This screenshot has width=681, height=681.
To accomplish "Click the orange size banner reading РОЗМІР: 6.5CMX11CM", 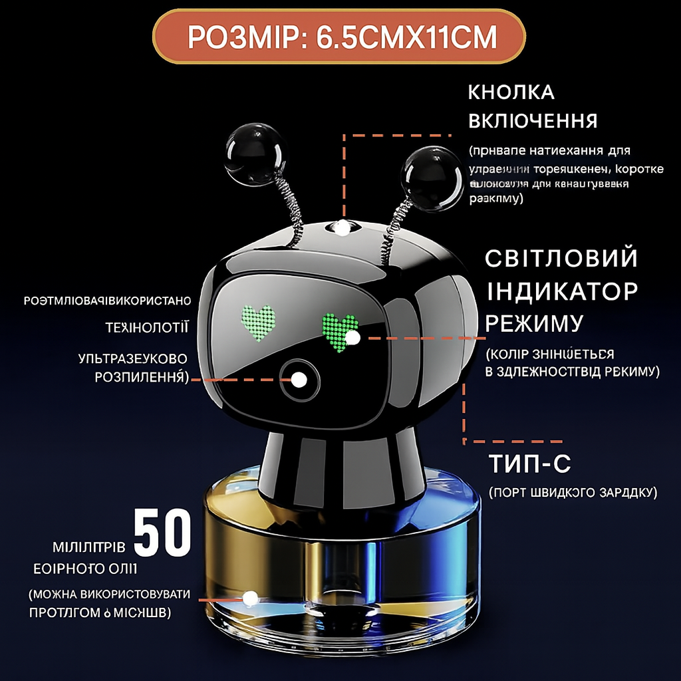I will point(340,37).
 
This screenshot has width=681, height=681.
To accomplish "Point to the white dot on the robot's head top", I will point(342,229).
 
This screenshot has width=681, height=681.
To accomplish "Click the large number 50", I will point(163,533).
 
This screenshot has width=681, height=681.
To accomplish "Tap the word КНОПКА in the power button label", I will point(511,92).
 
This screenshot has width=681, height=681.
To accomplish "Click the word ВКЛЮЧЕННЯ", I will point(533,121).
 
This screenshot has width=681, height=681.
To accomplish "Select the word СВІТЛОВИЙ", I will point(561,259).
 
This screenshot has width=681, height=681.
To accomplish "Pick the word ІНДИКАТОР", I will point(561,291).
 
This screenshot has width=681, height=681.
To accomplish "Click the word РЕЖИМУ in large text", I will point(534,323).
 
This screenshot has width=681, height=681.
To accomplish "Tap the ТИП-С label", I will point(529,464).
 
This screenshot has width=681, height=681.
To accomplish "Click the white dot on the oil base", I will point(251,598).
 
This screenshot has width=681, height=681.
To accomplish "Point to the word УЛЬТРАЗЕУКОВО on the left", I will point(132,358).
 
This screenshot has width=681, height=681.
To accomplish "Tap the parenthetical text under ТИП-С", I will point(573,493).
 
